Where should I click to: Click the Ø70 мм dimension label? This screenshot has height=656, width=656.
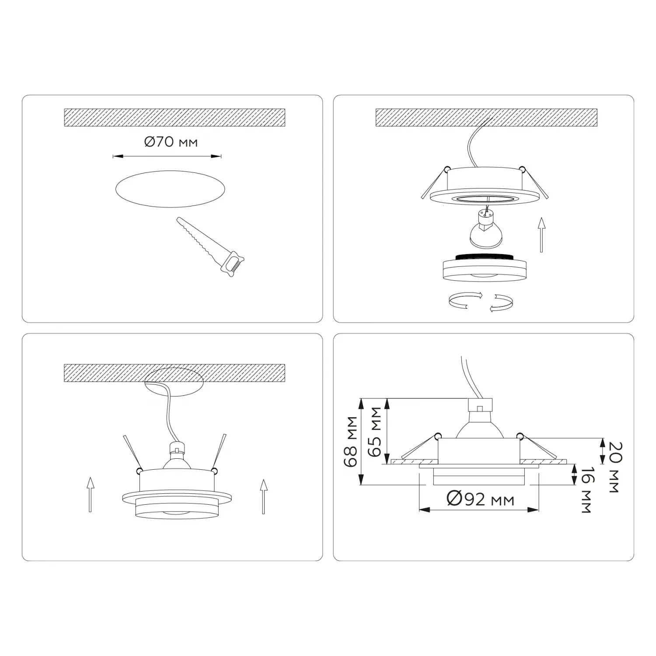(171, 142)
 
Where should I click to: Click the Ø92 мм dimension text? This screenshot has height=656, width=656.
(480, 499)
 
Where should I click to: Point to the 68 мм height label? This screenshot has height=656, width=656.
(351, 441)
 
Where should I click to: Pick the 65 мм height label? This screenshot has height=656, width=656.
(375, 432)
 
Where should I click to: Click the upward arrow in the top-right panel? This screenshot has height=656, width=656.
(541, 234)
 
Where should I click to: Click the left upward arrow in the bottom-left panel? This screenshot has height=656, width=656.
(90, 495)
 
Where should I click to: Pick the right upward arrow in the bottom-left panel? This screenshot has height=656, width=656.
(263, 496)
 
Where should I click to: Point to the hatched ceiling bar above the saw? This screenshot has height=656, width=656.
(174, 118)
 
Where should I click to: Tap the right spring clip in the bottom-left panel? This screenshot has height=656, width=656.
(219, 453)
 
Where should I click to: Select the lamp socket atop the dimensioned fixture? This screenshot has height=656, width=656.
(480, 406)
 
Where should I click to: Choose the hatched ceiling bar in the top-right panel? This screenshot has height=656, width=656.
(486, 118)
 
